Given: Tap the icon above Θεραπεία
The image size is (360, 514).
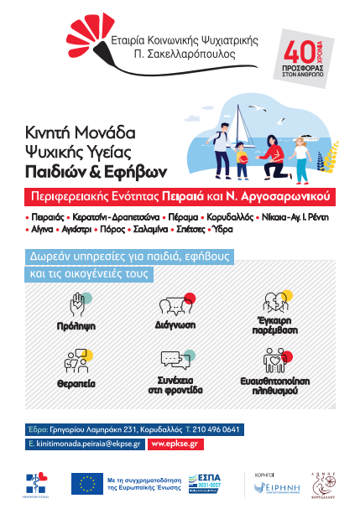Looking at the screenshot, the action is click(x=74, y=361).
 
